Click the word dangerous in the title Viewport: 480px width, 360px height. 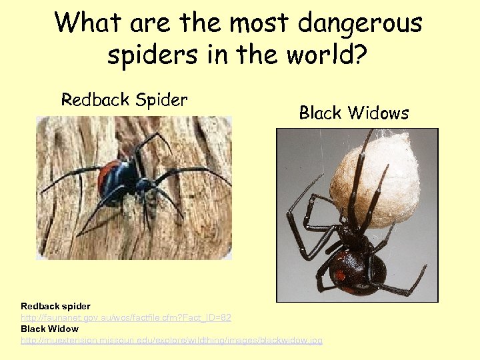(359, 24)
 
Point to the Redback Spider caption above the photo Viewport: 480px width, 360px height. (125, 100)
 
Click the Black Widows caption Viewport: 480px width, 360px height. (353, 113)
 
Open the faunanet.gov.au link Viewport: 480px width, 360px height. (126, 317)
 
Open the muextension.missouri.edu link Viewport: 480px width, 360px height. (171, 340)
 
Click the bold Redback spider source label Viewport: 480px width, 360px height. (55, 306)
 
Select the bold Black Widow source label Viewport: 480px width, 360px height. (49, 329)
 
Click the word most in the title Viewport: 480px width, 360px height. (256, 24)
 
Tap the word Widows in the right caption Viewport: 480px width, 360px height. (380, 113)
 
